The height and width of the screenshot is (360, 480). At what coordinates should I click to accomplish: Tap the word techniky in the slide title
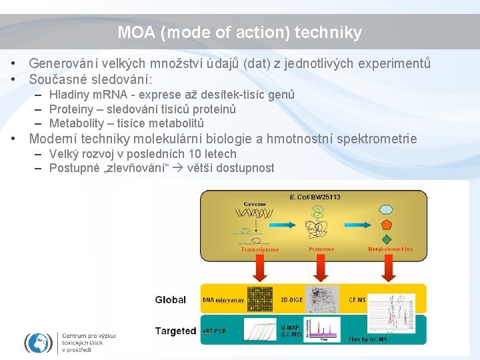point(332,32)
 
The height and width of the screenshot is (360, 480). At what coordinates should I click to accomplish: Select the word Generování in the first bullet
point(63,64)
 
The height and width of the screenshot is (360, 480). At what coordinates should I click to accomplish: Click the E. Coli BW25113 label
point(315,197)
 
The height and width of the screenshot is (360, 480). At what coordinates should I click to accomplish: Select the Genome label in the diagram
point(255,204)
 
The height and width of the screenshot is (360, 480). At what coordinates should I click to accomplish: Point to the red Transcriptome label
point(260,249)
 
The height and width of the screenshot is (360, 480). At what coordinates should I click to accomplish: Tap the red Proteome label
point(321,249)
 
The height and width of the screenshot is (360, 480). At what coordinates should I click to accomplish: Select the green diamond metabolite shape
point(387,239)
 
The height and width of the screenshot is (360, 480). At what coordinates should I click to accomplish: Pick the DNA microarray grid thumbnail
point(261,300)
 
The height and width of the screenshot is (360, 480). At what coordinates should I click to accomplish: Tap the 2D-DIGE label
point(292,300)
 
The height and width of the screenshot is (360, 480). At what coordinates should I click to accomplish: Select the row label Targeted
point(175,331)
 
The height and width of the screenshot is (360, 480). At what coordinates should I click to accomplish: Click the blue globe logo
point(39,343)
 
